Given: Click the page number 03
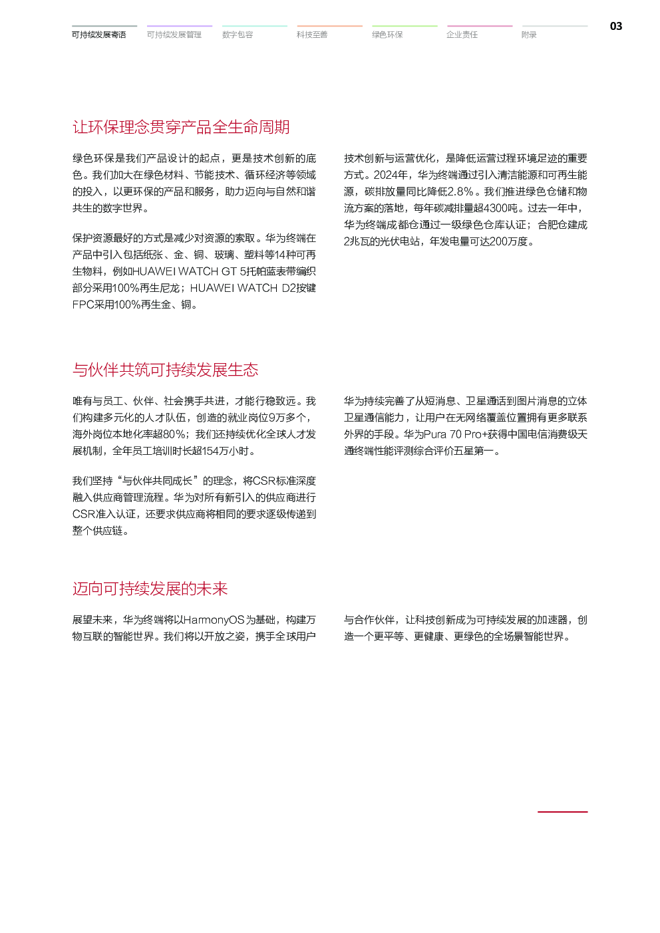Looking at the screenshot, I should [616, 27].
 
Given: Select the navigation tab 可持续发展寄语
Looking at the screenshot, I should [99, 35].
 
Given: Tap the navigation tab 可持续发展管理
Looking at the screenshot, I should [174, 35].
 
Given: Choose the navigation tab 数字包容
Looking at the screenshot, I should [238, 35].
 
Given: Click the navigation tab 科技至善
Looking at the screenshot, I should [312, 35].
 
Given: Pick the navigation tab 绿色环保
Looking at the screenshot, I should [387, 35].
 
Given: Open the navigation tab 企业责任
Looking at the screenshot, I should [462, 35].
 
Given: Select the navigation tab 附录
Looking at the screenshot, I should [529, 35].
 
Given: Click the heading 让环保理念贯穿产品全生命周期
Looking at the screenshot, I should [181, 127].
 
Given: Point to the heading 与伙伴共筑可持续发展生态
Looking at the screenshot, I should [165, 370].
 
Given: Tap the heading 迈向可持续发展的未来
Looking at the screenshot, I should [150, 589].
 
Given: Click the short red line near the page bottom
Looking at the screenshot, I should [562, 812].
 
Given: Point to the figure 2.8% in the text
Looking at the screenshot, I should [460, 192].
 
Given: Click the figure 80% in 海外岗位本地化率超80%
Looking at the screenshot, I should [174, 434].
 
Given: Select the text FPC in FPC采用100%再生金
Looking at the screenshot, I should [82, 305].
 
